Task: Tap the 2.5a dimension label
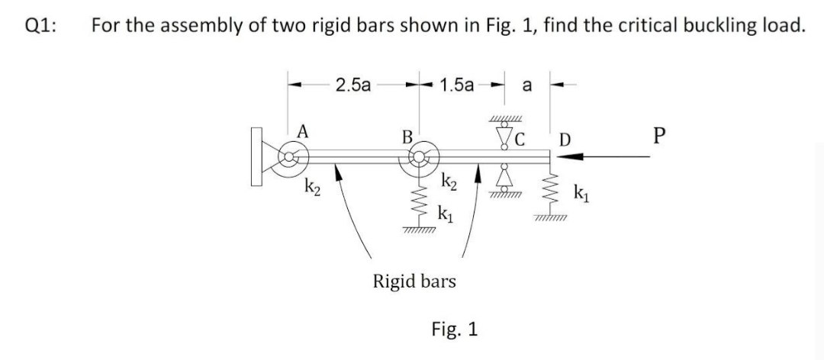pos(353,85)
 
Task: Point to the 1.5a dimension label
pos(457,85)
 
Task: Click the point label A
pos(303,131)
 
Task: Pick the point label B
pos(407,138)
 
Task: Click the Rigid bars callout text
pos(414,281)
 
